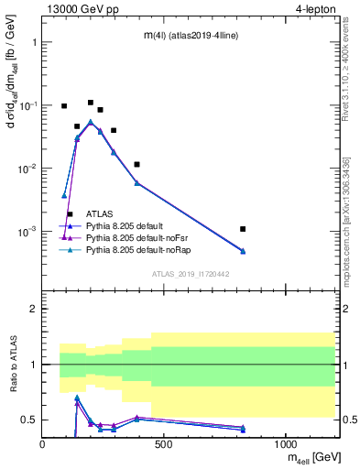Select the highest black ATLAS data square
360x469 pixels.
point(91,103)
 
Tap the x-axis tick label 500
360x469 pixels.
point(164,445)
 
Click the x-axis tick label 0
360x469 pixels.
point(42,445)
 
